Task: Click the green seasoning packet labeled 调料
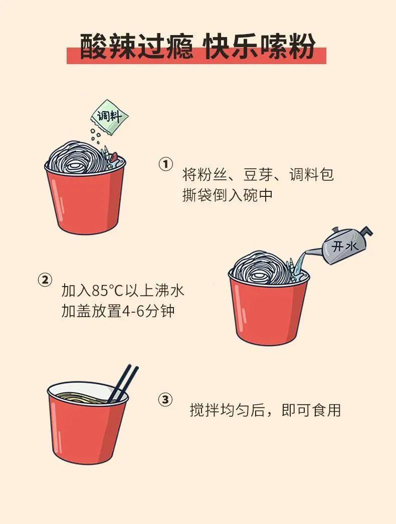[109, 117]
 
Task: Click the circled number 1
[165, 164]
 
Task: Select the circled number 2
[45, 280]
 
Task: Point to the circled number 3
[165, 399]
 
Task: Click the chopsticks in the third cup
[123, 383]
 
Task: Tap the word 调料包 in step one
[312, 174]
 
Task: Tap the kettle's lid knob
[335, 230]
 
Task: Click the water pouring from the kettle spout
[301, 260]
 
